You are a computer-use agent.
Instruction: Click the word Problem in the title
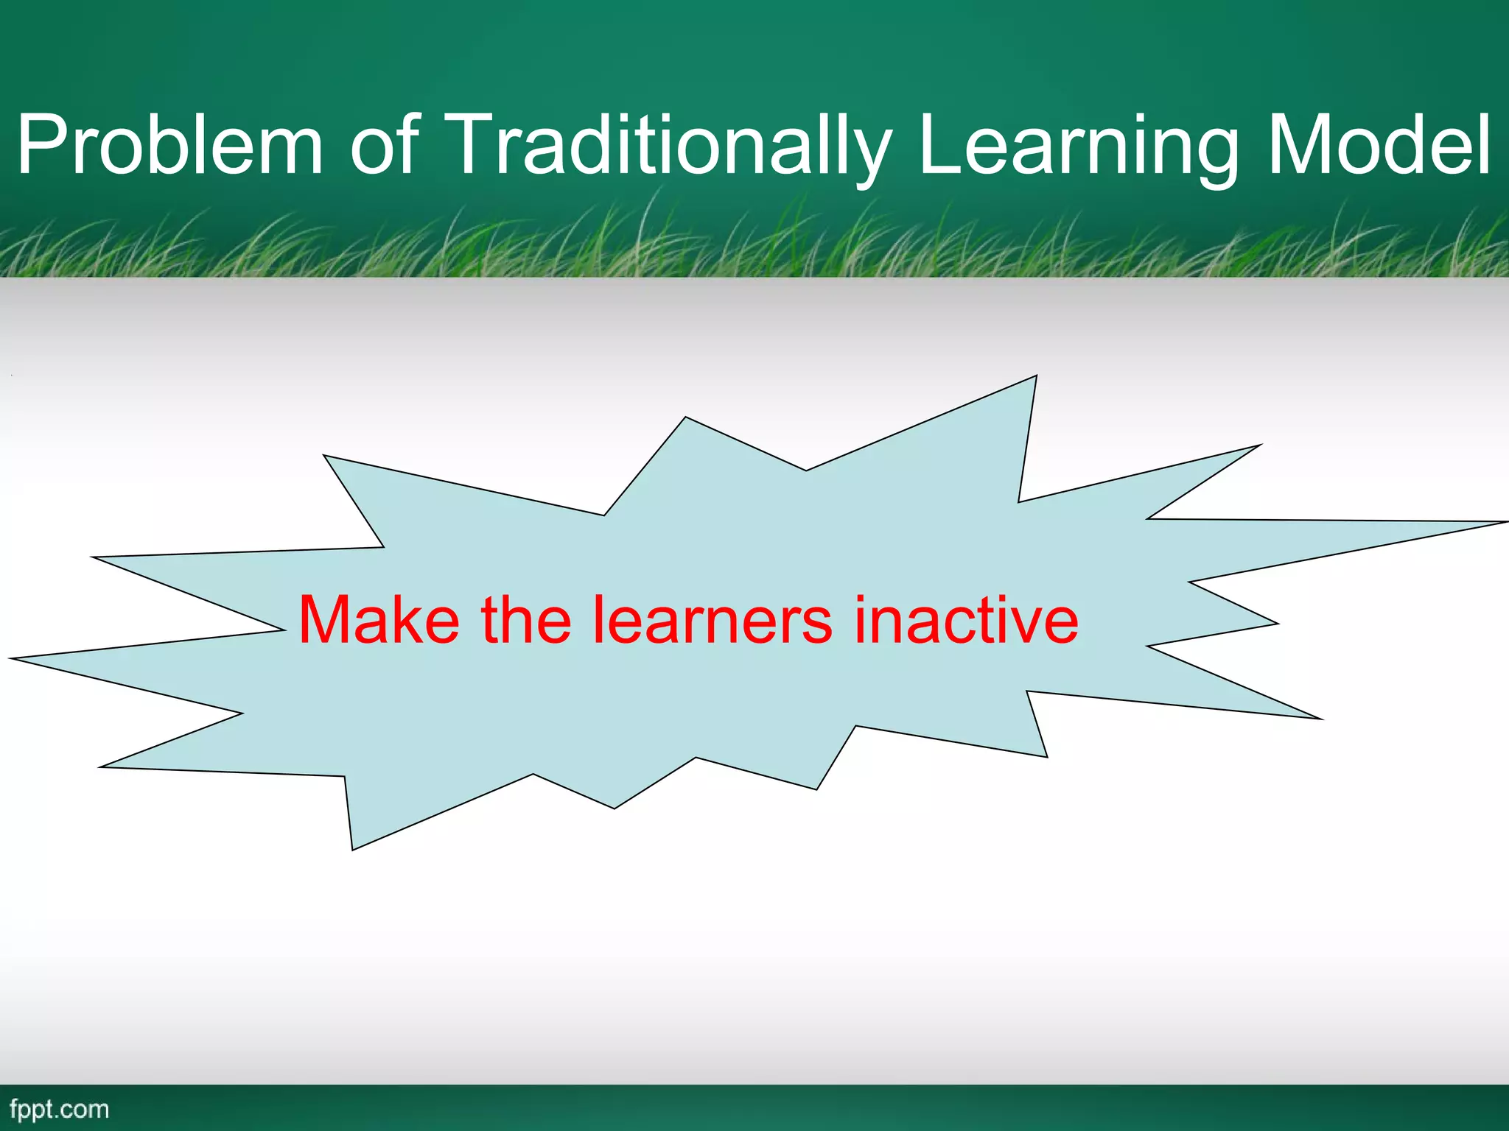(x=169, y=145)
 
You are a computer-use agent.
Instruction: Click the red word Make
(x=379, y=620)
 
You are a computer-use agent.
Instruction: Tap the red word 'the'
(x=526, y=620)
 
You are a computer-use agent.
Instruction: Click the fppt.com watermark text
(x=60, y=1110)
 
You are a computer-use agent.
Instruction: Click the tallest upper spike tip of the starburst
(x=1035, y=377)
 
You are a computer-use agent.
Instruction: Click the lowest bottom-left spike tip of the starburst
(x=353, y=848)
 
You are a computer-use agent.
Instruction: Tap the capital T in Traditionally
(x=475, y=145)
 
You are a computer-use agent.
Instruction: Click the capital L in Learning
(x=939, y=145)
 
